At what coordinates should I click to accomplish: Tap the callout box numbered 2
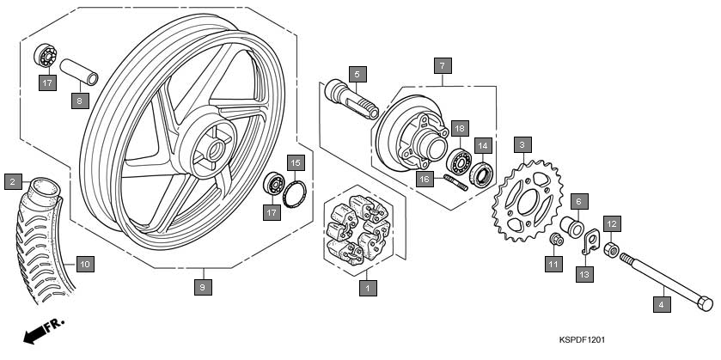tap(12, 181)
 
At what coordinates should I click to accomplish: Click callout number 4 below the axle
tap(662, 303)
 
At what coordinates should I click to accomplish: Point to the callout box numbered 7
tap(441, 65)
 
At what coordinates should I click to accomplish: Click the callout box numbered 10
tap(83, 264)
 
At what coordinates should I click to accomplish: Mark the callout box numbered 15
tap(295, 162)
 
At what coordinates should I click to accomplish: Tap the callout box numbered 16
tap(424, 179)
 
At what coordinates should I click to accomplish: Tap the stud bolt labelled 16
tap(455, 181)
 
